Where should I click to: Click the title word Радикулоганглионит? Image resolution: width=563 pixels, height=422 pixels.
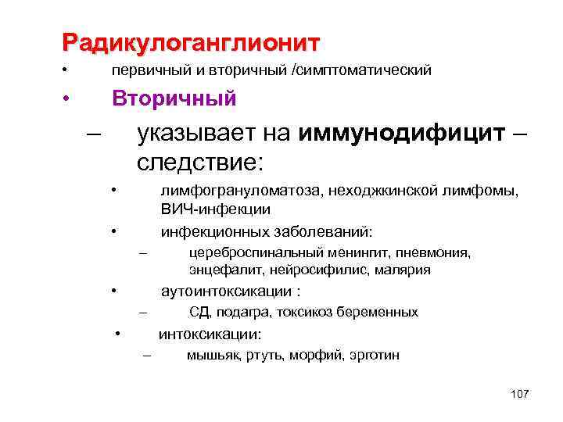coord(192,41)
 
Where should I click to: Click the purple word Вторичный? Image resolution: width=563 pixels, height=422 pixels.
coord(174,99)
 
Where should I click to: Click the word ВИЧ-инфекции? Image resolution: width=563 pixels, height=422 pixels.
coord(216,209)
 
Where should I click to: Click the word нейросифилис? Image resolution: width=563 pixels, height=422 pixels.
coord(309,270)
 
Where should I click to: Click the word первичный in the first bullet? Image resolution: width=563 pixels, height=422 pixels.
coord(149,71)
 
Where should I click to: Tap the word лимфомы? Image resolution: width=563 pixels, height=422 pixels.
coord(489,191)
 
